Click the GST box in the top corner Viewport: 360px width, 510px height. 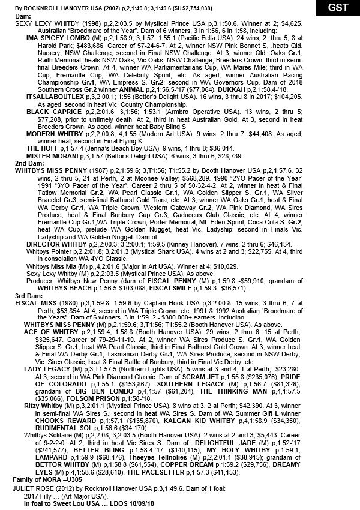[x=337, y=8]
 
